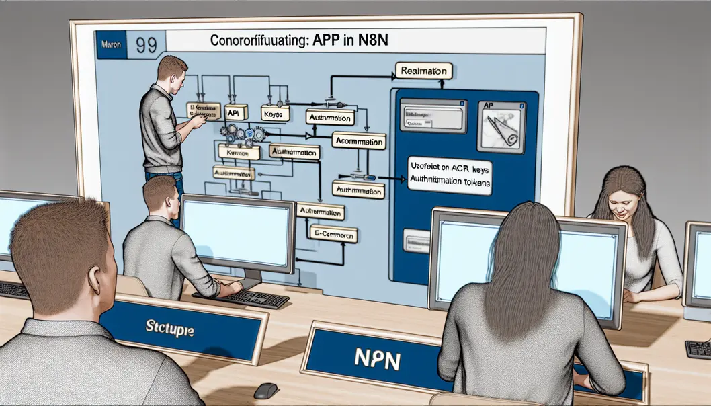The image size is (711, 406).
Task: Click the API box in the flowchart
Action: [x=234, y=114]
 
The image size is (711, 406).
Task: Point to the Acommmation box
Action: [x=359, y=141]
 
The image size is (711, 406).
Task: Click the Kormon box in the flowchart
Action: [x=239, y=153]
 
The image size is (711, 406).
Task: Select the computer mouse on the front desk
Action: [x=265, y=391]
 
